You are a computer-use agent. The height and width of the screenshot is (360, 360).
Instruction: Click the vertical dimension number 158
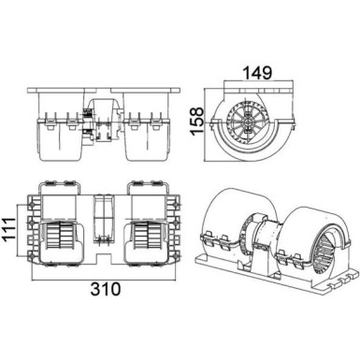click(x=197, y=120)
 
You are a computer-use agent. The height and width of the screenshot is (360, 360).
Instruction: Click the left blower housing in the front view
click(x=60, y=136)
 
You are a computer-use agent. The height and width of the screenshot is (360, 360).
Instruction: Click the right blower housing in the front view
click(x=145, y=136)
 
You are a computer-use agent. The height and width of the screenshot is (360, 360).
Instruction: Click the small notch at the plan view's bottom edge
click(x=104, y=265)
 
